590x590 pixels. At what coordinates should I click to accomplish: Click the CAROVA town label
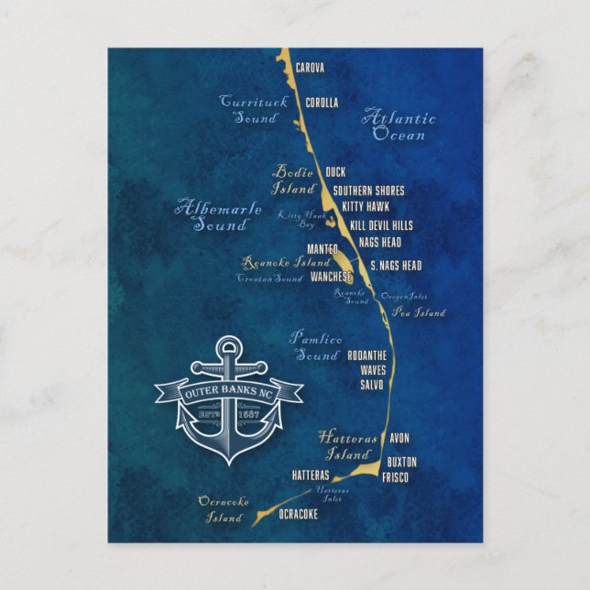click(x=311, y=67)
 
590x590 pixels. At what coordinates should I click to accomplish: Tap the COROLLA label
click(x=322, y=103)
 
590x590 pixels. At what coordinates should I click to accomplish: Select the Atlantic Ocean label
click(x=399, y=126)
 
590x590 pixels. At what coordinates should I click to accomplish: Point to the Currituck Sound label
click(x=253, y=109)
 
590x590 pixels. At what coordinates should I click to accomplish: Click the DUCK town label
click(x=335, y=171)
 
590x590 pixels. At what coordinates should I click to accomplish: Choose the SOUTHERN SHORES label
click(x=368, y=191)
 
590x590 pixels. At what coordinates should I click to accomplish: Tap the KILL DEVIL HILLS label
click(x=381, y=224)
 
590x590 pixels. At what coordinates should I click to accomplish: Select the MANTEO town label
click(x=322, y=248)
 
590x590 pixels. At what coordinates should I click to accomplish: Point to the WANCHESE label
click(x=331, y=276)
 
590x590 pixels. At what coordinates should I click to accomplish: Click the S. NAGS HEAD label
click(x=396, y=266)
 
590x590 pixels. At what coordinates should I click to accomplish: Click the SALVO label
click(x=372, y=385)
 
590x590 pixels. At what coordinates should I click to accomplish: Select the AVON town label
click(x=399, y=438)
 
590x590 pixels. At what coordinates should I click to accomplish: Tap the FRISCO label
click(x=396, y=477)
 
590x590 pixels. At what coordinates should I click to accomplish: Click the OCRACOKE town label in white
click(x=298, y=514)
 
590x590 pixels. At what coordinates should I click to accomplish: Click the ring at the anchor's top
click(x=226, y=347)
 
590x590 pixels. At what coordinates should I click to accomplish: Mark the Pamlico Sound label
click(x=316, y=346)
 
